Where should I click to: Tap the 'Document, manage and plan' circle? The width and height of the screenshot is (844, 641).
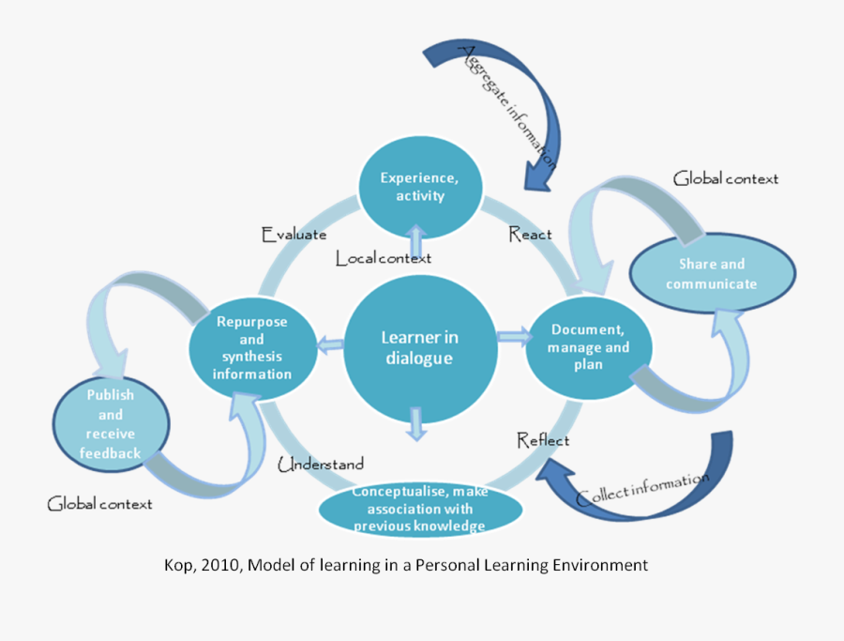(588, 347)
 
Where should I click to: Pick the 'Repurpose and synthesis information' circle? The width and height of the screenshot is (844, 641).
(251, 347)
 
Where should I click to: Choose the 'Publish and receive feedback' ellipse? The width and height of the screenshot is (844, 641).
(111, 424)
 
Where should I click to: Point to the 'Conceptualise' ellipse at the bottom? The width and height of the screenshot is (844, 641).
(419, 510)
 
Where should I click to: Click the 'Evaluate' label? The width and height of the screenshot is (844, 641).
(294, 235)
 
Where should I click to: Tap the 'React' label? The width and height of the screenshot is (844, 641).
(530, 234)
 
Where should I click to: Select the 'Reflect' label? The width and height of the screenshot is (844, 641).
(543, 439)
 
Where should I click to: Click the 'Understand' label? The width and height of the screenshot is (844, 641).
(321, 464)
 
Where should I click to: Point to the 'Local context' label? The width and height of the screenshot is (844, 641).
(384, 258)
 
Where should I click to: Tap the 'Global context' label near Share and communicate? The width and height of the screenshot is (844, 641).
(726, 178)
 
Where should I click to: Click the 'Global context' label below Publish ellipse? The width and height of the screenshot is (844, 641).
(99, 504)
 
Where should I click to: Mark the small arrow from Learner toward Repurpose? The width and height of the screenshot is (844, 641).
(329, 345)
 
